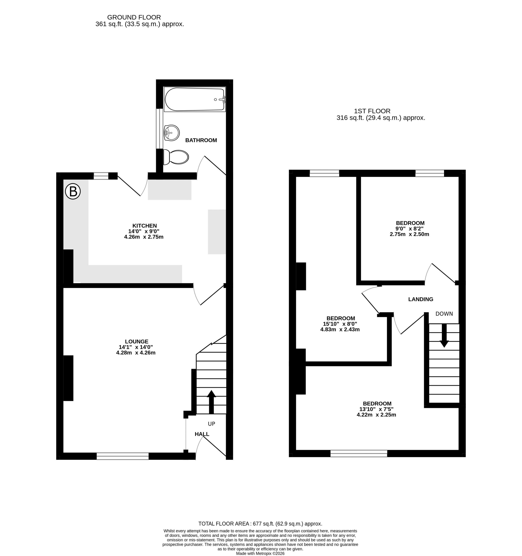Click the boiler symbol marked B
tap(73, 192)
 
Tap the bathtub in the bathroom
tap(195, 99)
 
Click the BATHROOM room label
tap(201, 140)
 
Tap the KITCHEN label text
tap(145, 226)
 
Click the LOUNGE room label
tap(136, 341)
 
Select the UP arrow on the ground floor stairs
tap(211, 402)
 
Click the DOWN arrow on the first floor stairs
tap(444, 336)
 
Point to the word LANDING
tap(421, 299)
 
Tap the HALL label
tap(202, 434)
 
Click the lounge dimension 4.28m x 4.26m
tap(136, 353)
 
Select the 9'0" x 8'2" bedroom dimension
tap(410, 228)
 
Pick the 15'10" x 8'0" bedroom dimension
tap(340, 324)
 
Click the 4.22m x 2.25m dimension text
tap(376, 415)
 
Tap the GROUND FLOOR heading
tap(134, 17)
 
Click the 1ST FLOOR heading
tap(372, 111)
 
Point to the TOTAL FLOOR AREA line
tap(260, 524)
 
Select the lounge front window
tap(123, 456)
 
